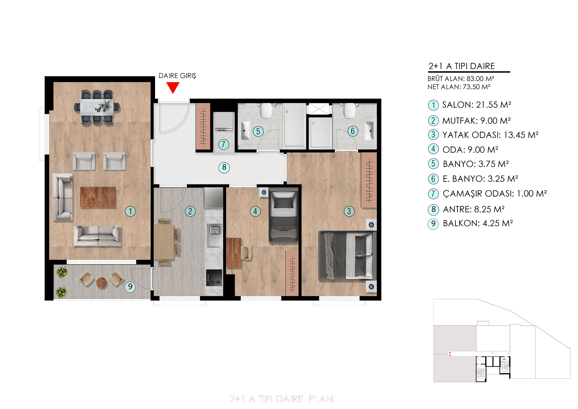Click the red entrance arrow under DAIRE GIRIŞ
click(x=173, y=87)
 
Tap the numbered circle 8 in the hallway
click(x=224, y=167)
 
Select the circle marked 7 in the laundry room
click(x=224, y=144)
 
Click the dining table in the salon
click(x=97, y=107)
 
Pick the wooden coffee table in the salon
click(x=98, y=197)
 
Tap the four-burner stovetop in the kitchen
click(x=214, y=277)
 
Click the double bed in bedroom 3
click(x=347, y=255)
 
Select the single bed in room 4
click(x=283, y=216)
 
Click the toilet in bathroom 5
click(x=266, y=110)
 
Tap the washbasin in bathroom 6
click(x=370, y=130)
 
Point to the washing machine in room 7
click(x=224, y=121)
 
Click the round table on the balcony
click(x=101, y=282)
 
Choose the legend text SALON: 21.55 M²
click(x=477, y=105)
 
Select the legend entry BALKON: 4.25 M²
click(x=478, y=223)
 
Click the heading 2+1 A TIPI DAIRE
click(x=462, y=66)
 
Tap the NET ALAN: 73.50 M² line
click(x=459, y=87)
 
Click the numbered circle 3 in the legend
click(x=433, y=135)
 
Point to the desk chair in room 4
click(x=246, y=253)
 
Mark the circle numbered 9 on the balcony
click(x=130, y=286)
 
